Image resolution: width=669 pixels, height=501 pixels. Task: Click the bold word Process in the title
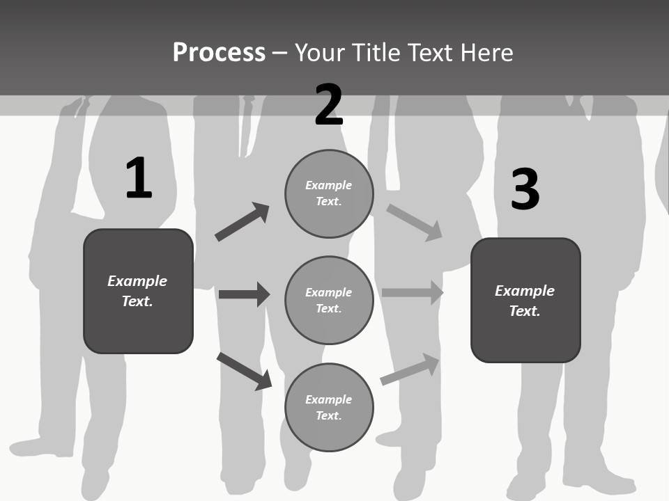(x=219, y=53)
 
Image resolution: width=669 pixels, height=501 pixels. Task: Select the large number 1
(x=139, y=178)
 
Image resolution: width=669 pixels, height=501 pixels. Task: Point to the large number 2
(x=329, y=105)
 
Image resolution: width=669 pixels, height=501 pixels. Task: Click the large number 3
(x=525, y=189)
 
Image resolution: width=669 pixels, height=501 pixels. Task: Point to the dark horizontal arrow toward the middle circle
(x=244, y=294)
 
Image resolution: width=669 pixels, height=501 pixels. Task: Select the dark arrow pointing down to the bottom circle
(x=245, y=371)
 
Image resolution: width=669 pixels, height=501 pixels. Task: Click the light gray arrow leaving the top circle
(x=414, y=222)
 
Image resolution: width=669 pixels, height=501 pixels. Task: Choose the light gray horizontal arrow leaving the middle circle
(x=412, y=293)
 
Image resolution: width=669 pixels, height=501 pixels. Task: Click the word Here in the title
(x=487, y=53)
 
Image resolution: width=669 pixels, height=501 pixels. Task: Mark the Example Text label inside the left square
(x=137, y=291)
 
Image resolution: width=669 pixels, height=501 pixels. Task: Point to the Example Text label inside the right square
(x=525, y=301)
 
